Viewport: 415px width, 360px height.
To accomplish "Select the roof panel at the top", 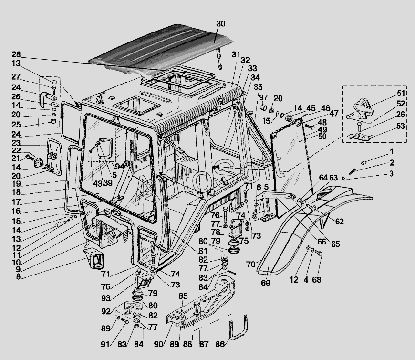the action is pyautogui.click(x=162, y=48).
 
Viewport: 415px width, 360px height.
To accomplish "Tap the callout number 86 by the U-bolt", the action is pyautogui.click(x=220, y=343).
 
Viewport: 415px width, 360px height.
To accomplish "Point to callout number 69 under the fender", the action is pyautogui.click(x=266, y=283).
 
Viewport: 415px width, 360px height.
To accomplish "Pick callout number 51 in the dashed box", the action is pyautogui.click(x=401, y=93).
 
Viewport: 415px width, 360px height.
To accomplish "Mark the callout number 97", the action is pyautogui.click(x=263, y=98).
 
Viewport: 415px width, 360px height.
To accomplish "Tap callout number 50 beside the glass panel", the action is pyautogui.click(x=322, y=137).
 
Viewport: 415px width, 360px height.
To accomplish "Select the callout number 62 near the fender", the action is pyautogui.click(x=339, y=222).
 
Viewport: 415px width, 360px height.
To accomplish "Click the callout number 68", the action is pyautogui.click(x=317, y=280).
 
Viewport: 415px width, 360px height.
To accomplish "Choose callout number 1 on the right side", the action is pyautogui.click(x=391, y=152).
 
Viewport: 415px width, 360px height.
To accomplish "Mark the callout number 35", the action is pyautogui.click(x=258, y=87).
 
